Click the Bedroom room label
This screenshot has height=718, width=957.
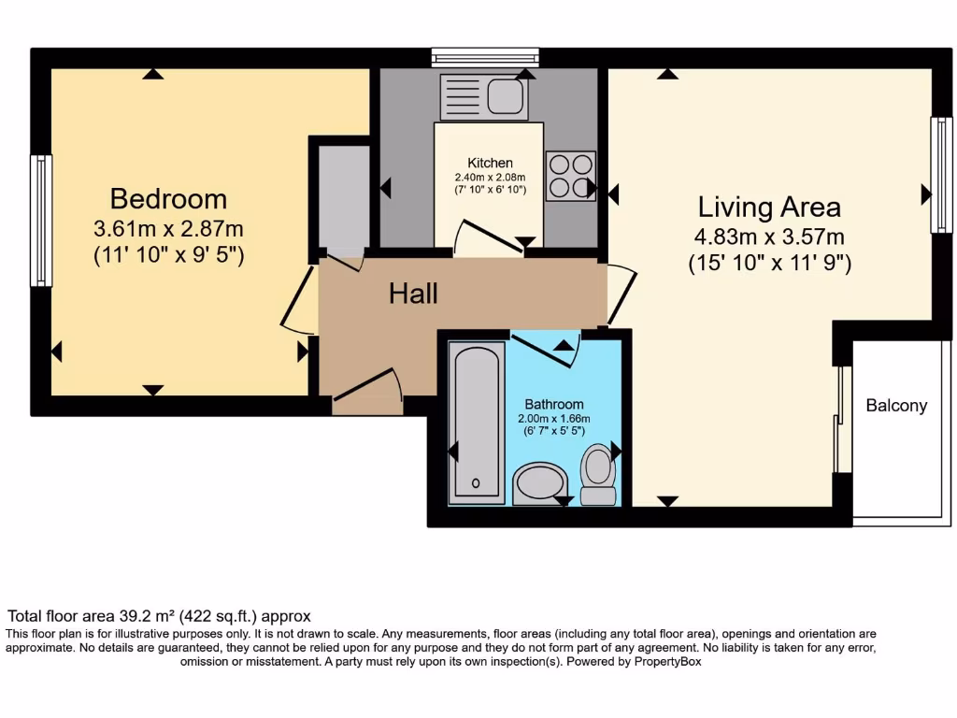tap(168, 198)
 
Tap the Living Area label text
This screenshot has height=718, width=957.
tap(769, 206)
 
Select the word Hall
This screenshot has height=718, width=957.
tap(413, 294)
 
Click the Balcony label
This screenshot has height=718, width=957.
tap(896, 405)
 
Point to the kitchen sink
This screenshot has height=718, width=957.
tap(505, 96)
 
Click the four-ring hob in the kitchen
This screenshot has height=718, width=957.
tap(570, 176)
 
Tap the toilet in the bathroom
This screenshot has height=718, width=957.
tap(598, 475)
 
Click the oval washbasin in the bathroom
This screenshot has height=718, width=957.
tap(541, 482)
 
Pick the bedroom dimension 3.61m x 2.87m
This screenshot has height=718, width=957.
tap(168, 228)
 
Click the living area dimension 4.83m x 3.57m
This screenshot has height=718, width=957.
tap(769, 237)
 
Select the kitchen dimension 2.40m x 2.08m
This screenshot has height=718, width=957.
tap(490, 177)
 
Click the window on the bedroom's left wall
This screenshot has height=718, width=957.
tap(41, 220)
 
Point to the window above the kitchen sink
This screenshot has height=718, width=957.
tap(485, 57)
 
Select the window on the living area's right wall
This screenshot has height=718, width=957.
tap(939, 174)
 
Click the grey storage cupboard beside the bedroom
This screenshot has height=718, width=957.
tap(343, 196)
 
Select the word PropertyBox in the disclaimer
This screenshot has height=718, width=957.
tap(661, 661)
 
